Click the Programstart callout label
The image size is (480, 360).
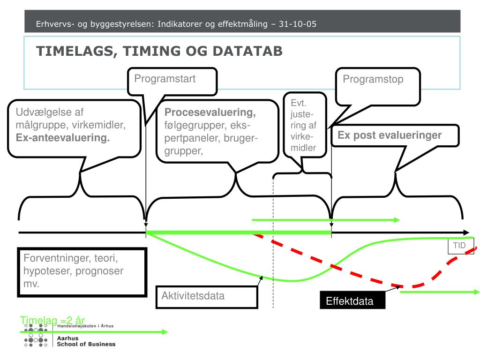(165, 79)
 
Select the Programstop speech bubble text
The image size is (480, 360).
(373, 79)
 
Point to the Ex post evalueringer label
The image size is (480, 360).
(390, 135)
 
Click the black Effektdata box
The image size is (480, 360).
(350, 301)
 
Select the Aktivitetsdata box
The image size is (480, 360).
(207, 296)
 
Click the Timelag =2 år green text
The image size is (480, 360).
(52, 320)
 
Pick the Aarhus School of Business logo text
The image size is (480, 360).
(85, 341)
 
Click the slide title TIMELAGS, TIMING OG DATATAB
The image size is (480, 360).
(159, 51)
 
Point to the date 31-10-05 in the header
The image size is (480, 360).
(297, 24)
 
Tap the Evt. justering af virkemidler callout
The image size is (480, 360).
(303, 125)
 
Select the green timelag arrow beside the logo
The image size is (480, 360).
(94, 332)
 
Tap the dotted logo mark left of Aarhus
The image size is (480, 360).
(36, 337)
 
